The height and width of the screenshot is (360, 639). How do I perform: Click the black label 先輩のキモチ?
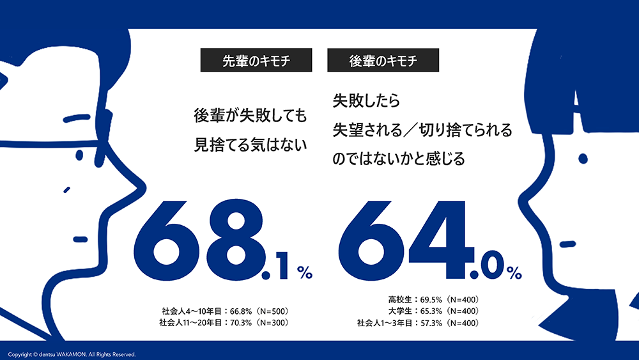tap(256, 61)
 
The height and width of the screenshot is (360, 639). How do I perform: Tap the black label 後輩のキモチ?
tap(383, 61)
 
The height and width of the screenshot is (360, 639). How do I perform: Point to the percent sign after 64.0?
tap(514, 273)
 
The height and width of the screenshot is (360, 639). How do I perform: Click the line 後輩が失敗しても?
tap(250, 117)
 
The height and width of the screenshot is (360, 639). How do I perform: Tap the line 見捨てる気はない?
tap(250, 145)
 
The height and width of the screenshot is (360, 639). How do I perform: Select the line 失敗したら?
tap(366, 101)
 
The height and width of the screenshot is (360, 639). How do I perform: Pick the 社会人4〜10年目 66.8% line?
tap(226, 311)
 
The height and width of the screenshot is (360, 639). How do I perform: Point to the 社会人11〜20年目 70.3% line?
tap(226, 323)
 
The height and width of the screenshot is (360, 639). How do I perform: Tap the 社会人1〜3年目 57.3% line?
tap(419, 323)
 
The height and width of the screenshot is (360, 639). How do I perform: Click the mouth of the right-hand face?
tap(566, 244)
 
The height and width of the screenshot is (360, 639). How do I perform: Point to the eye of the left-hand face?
tap(79, 155)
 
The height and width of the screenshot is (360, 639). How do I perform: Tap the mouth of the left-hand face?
tap(80, 239)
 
